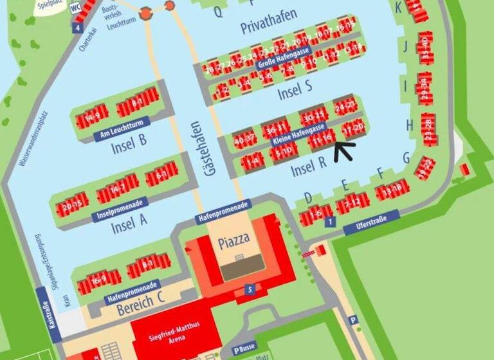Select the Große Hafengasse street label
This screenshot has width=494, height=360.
tap(284, 57)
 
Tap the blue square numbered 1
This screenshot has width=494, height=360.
tap(330, 222)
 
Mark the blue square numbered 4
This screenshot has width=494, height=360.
tap(77, 28)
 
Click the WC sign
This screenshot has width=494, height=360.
tap(75, 8)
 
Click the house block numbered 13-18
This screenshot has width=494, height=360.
tap(392, 190)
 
